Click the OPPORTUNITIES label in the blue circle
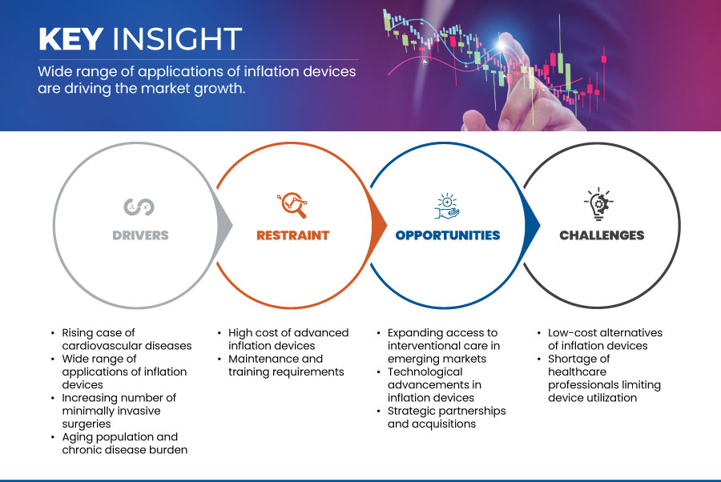tap(447, 235)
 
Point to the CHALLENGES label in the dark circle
tap(602, 235)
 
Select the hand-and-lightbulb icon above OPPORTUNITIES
tap(446, 206)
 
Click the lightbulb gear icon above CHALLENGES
tap(599, 205)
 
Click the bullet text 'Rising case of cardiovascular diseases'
tap(127, 339)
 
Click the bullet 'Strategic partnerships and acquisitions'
tap(446, 417)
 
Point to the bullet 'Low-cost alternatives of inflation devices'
tap(605, 339)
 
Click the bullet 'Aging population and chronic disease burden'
tap(124, 443)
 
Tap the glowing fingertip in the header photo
tap(507, 41)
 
